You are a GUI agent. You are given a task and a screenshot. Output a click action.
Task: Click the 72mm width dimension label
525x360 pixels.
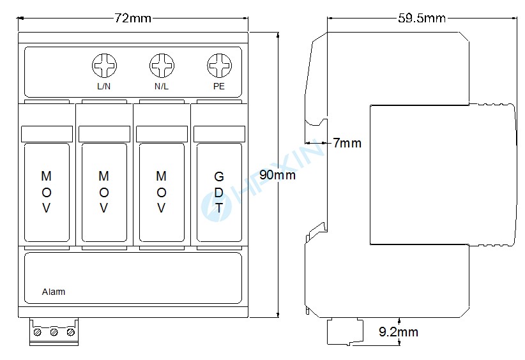(x=133, y=18)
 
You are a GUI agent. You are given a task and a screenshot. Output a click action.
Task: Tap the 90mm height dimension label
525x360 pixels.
(x=277, y=175)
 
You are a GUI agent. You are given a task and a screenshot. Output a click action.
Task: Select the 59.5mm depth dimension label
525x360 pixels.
(x=421, y=18)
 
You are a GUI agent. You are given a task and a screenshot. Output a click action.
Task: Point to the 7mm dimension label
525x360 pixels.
(x=347, y=143)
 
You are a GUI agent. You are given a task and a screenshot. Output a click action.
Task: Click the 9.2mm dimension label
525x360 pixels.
(x=398, y=332)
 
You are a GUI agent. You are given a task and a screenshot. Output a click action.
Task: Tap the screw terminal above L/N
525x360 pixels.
(x=104, y=65)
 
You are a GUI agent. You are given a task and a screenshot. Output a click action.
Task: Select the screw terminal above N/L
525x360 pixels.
(x=162, y=65)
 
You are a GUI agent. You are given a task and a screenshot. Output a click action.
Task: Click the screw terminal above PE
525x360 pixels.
(x=219, y=65)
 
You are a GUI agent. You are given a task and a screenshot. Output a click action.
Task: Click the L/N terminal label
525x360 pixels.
(x=104, y=86)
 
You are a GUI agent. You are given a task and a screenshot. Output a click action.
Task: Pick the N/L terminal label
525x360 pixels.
(x=162, y=86)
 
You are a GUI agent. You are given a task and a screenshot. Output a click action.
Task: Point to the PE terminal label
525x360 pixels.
(x=219, y=86)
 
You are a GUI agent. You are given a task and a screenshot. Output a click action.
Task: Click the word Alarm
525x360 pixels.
(x=54, y=292)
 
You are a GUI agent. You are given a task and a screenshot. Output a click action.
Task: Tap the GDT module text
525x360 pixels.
(x=219, y=191)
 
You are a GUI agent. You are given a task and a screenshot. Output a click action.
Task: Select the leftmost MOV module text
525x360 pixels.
(x=47, y=191)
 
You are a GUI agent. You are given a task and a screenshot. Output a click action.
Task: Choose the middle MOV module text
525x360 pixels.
(x=104, y=191)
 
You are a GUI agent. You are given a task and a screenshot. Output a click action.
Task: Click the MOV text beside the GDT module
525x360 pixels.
(x=162, y=191)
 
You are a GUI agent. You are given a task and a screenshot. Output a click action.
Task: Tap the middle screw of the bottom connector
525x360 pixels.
(x=54, y=333)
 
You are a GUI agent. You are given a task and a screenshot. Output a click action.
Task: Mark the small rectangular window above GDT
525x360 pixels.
(x=219, y=134)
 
